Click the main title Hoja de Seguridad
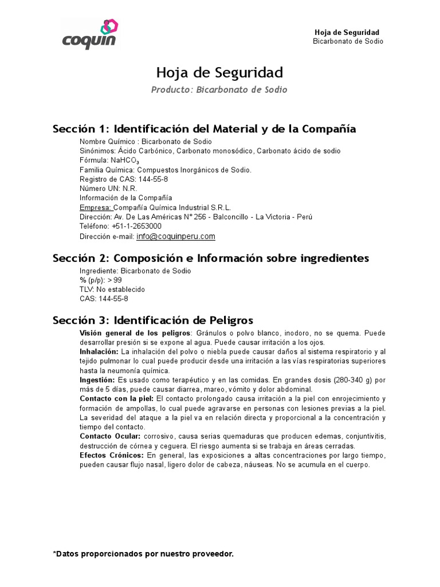(219, 73)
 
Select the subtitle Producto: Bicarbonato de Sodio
(219, 90)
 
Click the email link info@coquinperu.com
(176, 236)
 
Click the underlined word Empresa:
(96, 207)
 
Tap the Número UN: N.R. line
(104, 188)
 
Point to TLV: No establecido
(112, 289)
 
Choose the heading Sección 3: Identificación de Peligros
(153, 320)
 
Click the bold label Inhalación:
(99, 351)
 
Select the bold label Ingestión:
(97, 380)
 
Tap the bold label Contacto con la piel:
(116, 398)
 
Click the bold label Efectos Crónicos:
(112, 455)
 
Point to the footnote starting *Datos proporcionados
(143, 554)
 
